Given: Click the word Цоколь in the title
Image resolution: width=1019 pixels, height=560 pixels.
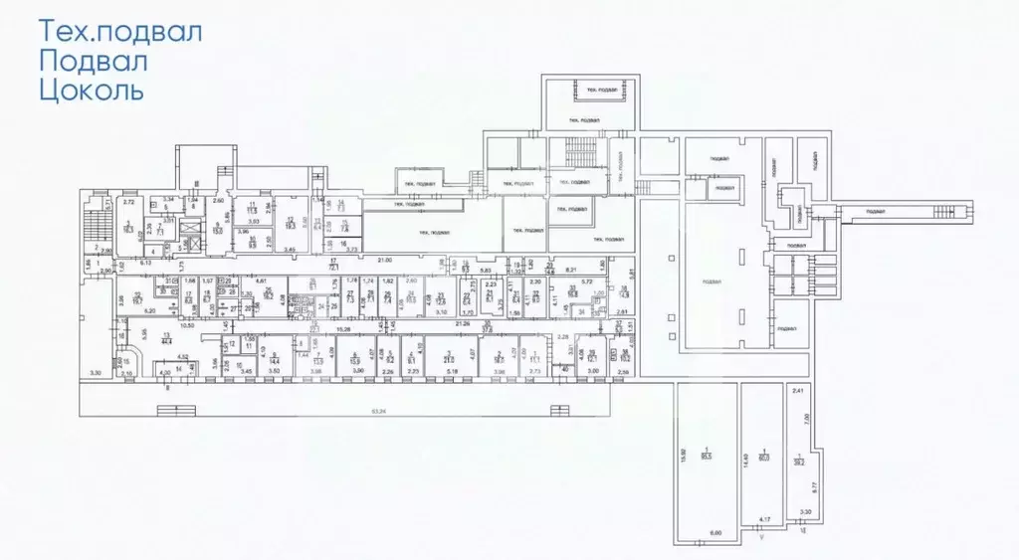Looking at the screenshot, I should click(x=92, y=93).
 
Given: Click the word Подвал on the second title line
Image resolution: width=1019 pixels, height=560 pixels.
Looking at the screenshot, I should click(x=94, y=62).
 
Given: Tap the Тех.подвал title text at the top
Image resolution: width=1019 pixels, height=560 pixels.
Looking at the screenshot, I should click(x=120, y=30).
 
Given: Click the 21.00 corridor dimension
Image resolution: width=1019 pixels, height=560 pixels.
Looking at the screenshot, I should click(x=385, y=261).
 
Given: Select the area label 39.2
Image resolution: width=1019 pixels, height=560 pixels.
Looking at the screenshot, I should click(x=798, y=459).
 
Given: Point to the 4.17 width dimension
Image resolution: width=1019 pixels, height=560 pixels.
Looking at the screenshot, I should click(x=764, y=519).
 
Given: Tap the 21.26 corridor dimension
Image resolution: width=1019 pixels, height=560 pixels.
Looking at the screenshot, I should click(x=462, y=323).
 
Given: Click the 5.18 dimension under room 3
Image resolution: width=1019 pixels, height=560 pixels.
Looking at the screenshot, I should click(x=452, y=371).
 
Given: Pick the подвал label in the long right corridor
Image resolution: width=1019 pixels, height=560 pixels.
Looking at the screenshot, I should click(x=876, y=211).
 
